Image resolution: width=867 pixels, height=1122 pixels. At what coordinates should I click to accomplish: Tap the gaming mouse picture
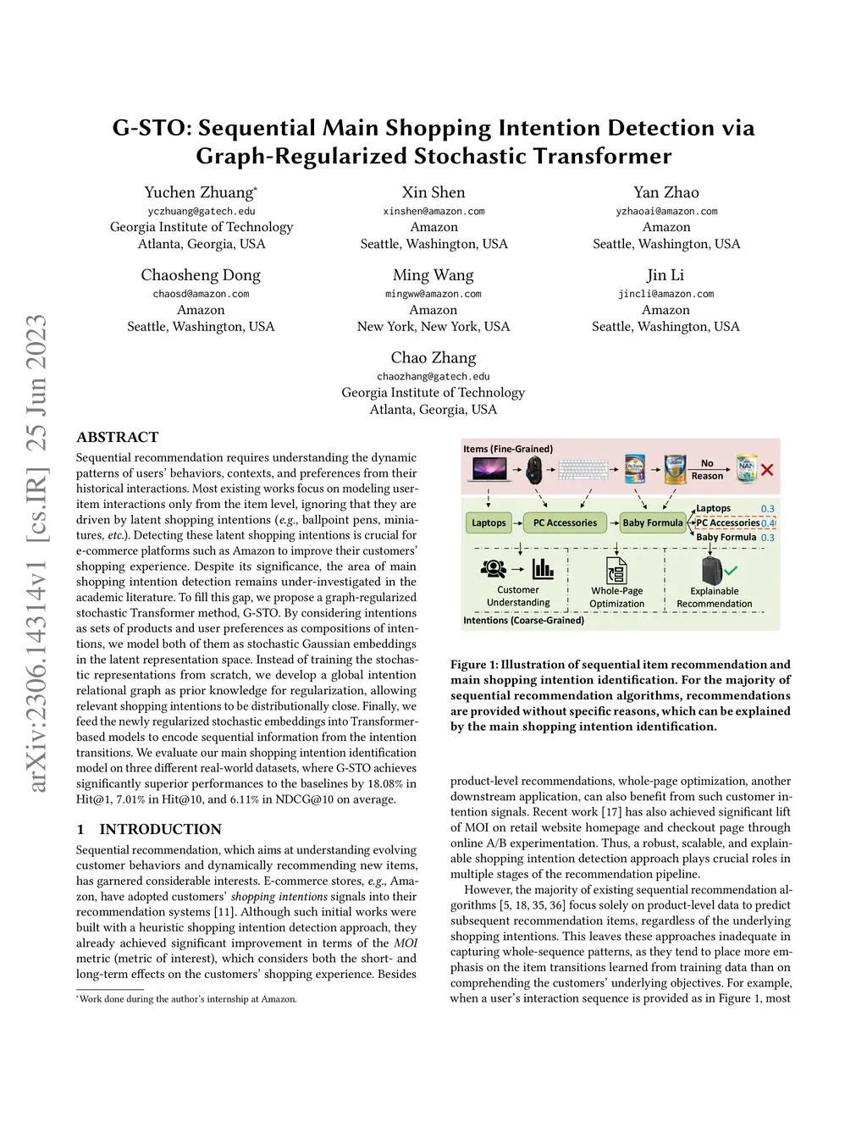coord(533,469)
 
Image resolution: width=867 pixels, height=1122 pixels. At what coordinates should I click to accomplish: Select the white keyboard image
coord(583,469)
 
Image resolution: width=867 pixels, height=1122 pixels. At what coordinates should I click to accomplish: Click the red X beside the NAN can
coord(767,470)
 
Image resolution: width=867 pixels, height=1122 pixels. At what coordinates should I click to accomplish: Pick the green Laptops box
coord(489,522)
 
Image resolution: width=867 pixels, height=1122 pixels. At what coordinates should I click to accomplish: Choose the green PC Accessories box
coord(565,522)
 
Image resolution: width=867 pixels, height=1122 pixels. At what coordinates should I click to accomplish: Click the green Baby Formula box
coord(652,522)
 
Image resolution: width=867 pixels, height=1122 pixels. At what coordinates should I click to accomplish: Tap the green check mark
coord(731,571)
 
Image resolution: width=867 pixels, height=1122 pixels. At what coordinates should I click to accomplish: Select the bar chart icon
coord(543,569)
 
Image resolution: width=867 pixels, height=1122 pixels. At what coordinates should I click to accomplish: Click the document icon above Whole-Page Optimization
coord(616,570)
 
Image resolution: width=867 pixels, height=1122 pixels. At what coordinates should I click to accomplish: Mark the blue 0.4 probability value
coord(768,523)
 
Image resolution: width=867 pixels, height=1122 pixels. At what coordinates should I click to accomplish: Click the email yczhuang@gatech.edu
coord(202,211)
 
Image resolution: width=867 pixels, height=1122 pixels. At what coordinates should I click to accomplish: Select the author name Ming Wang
coord(433,275)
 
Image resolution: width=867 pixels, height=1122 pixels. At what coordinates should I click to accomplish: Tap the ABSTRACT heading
coord(118,437)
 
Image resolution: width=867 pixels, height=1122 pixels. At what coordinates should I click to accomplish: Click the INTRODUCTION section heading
coord(160,829)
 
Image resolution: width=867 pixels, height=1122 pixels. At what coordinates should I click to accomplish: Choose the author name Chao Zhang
coord(433,357)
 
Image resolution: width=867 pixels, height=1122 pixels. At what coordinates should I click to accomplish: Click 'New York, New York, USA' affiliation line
coord(433,327)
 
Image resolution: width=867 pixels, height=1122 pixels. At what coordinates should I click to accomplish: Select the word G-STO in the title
coord(150,128)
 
